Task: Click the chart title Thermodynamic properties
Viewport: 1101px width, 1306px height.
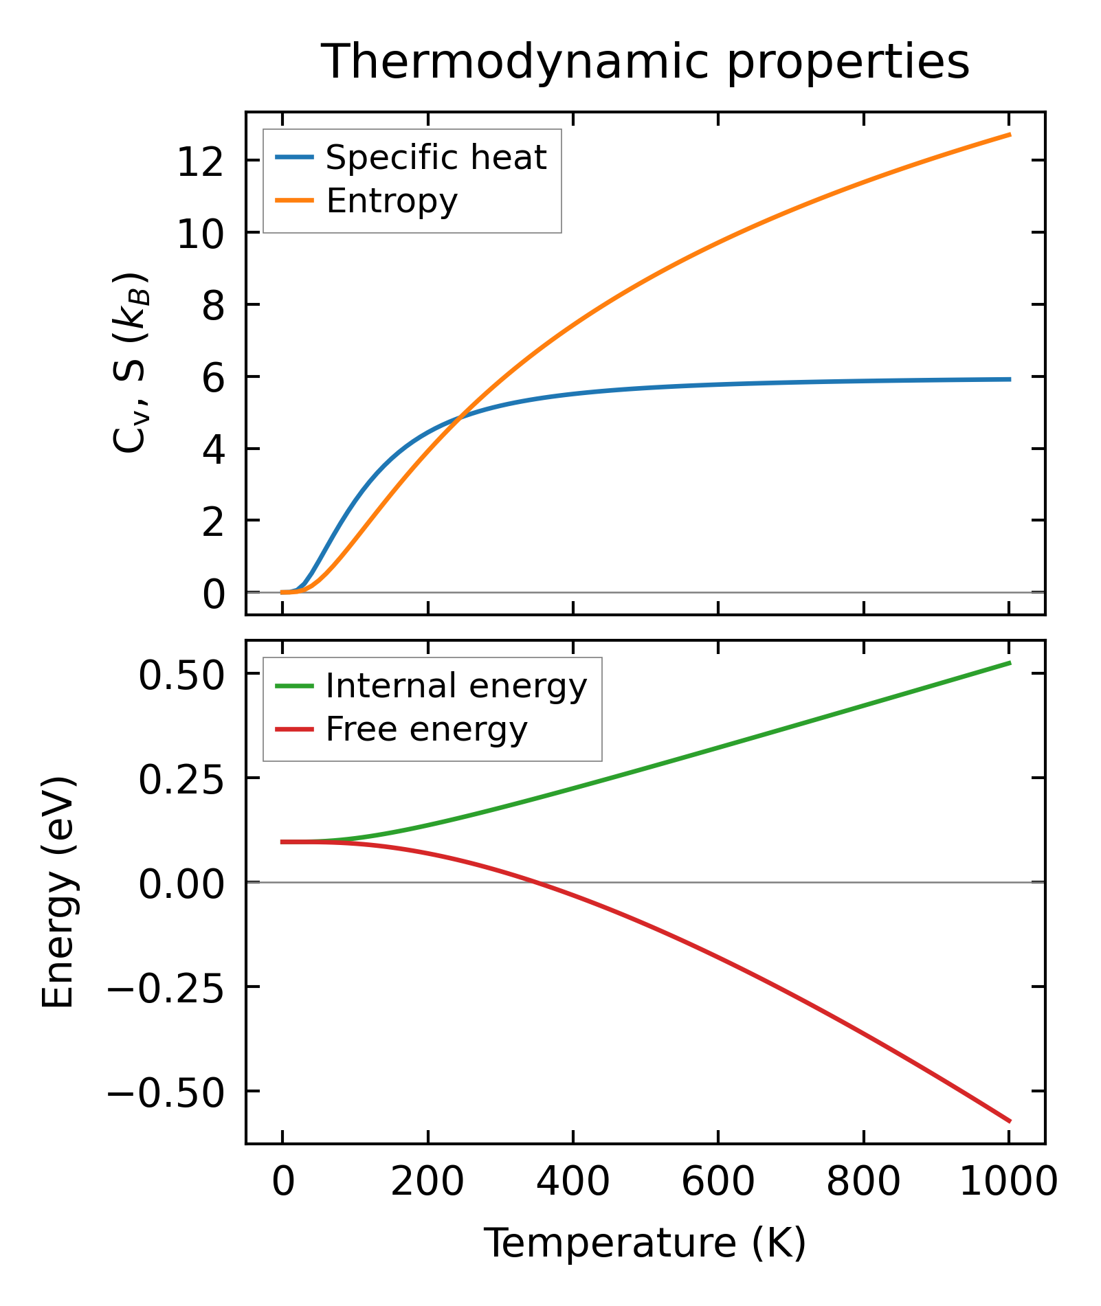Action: coord(645,63)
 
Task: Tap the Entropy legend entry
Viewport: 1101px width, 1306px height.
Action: coord(391,201)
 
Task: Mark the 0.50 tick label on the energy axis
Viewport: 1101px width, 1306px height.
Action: coord(181,675)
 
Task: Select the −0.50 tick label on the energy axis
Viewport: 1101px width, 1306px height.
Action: coord(166,1093)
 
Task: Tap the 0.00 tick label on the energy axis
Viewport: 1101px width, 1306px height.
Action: coord(181,884)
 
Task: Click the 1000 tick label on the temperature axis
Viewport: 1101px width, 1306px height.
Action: coord(1008,1183)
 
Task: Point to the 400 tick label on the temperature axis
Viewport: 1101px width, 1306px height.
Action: coord(572,1183)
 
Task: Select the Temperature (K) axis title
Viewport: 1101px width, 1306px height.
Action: coord(645,1243)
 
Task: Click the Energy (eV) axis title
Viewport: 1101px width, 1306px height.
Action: coord(58,892)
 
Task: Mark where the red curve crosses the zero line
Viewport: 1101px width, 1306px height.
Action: coord(537,882)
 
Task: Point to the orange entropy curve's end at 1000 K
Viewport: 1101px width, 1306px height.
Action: coord(1009,135)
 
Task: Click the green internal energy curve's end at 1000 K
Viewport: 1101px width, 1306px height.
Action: coord(1009,663)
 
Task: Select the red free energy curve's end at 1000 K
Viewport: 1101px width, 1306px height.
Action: coord(1009,1121)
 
